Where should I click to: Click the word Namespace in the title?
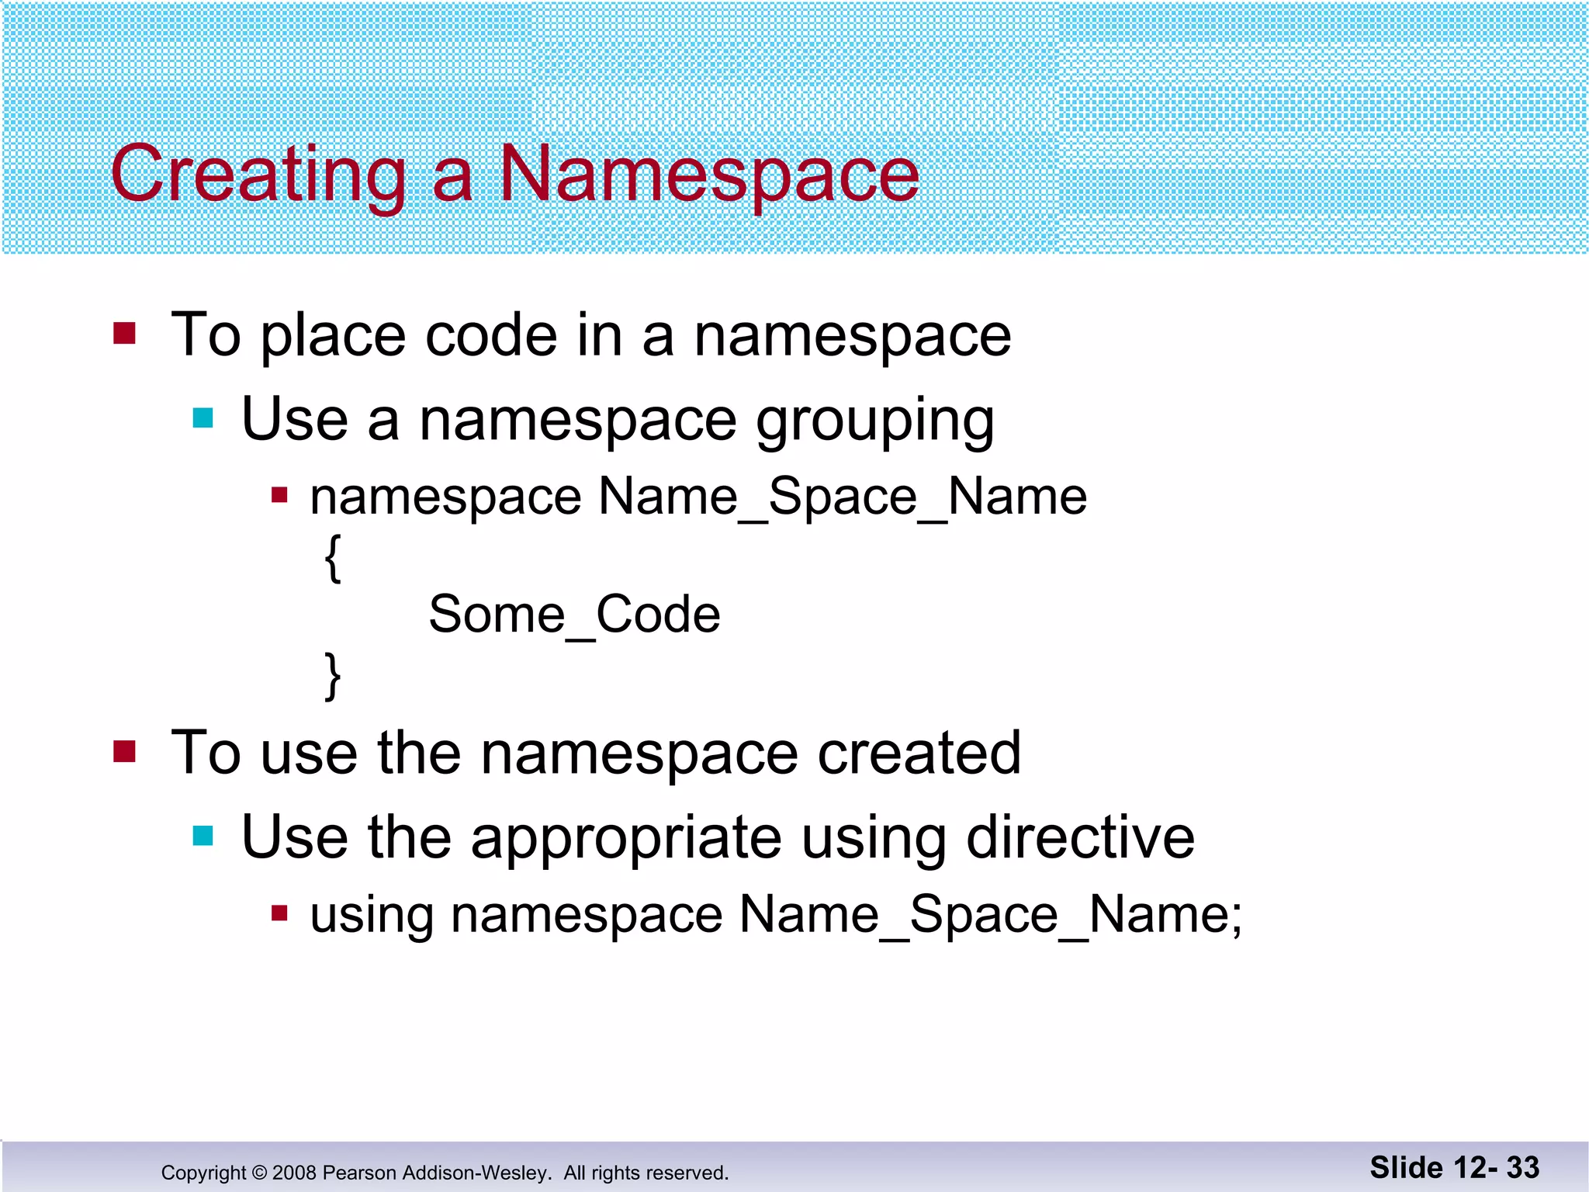click(x=708, y=175)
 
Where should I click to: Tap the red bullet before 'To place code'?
click(x=124, y=334)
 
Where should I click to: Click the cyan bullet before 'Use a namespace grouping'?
click(x=203, y=418)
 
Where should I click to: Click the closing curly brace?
click(x=333, y=676)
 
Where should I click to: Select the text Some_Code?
click(x=574, y=615)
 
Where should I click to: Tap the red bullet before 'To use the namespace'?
click(x=124, y=751)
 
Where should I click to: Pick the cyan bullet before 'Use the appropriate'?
click(x=203, y=836)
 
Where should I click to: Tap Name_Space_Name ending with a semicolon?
click(x=990, y=915)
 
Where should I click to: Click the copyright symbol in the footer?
click(x=259, y=1173)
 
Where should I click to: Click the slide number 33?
click(x=1522, y=1168)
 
